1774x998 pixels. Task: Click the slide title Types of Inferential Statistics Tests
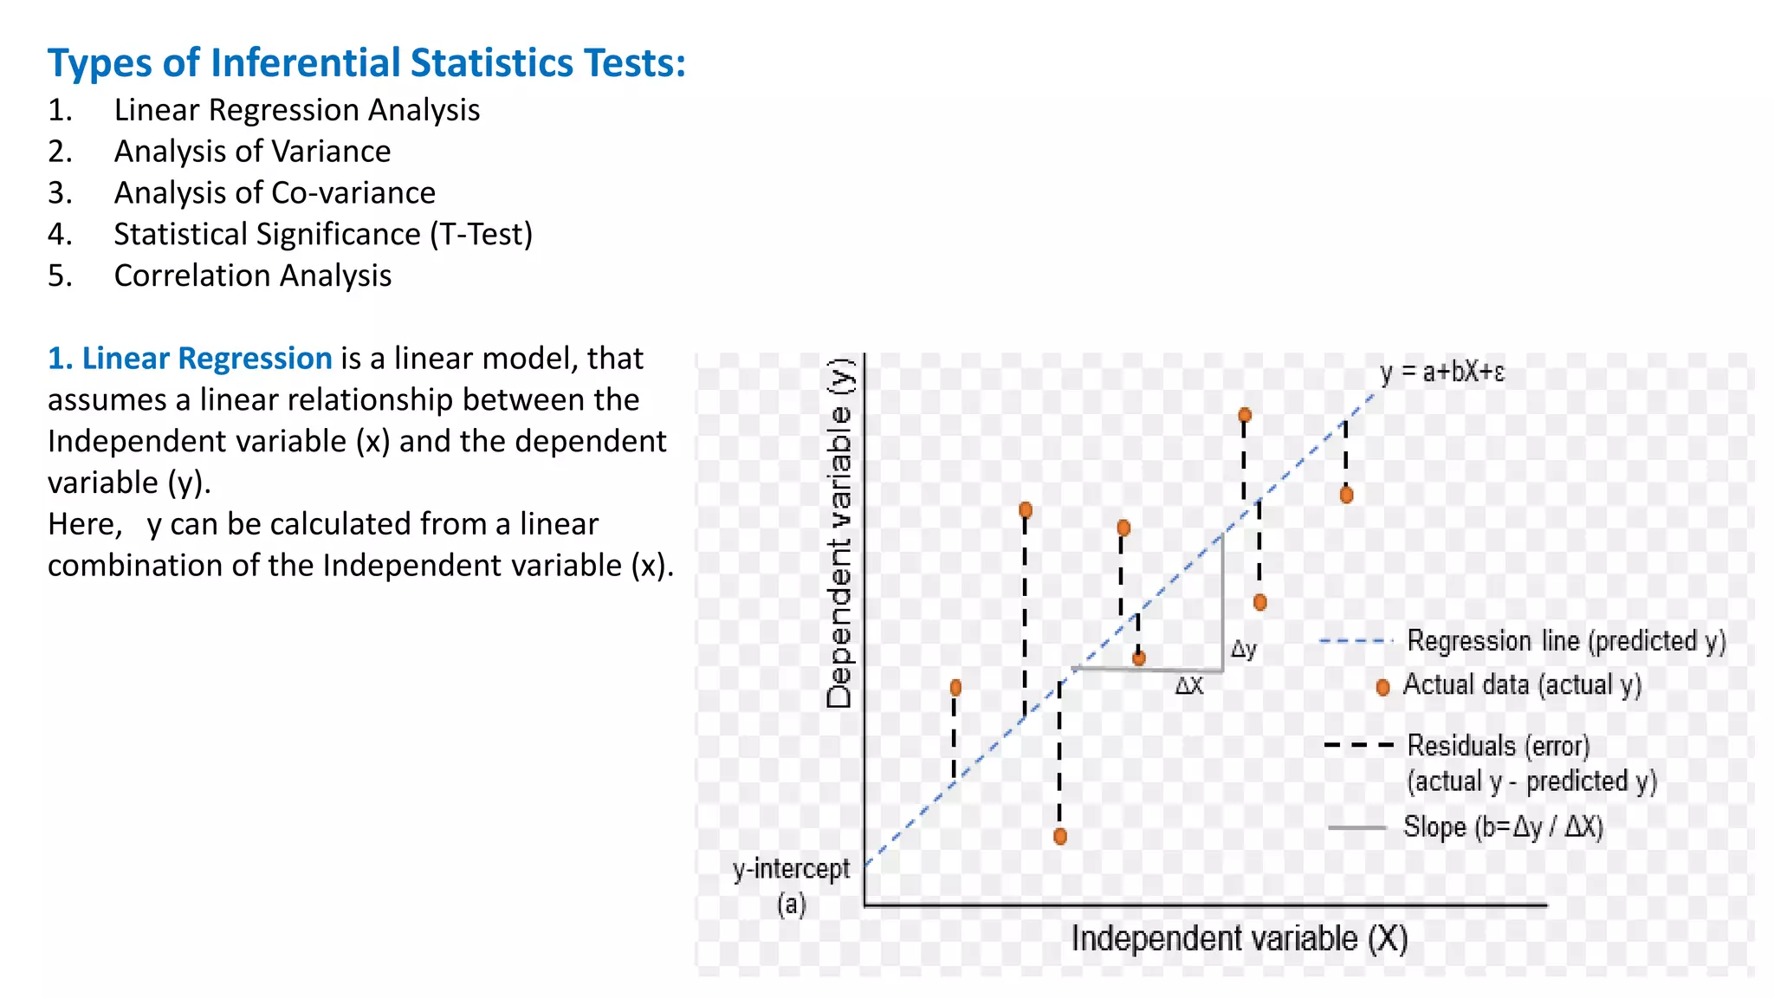(366, 63)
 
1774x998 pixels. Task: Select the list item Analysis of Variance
(252, 152)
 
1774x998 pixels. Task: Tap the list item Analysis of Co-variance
(275, 193)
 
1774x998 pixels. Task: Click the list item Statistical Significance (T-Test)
(323, 235)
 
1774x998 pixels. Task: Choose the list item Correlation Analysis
(252, 276)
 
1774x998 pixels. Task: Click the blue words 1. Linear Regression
(190, 359)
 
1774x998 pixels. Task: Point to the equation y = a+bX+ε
(1441, 373)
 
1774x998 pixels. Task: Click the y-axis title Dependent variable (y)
(839, 533)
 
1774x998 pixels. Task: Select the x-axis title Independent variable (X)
(1239, 939)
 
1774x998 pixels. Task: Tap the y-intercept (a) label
(791, 885)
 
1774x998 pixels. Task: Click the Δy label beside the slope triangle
(1243, 649)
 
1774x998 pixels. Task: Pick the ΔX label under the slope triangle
(1188, 686)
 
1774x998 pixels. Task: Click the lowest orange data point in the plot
(1060, 836)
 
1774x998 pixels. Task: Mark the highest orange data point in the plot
(1245, 415)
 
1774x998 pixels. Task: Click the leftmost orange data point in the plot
(955, 688)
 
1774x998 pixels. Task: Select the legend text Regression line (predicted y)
(1565, 641)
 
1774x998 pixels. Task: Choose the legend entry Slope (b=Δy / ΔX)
(1503, 827)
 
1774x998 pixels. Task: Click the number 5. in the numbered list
(60, 276)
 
